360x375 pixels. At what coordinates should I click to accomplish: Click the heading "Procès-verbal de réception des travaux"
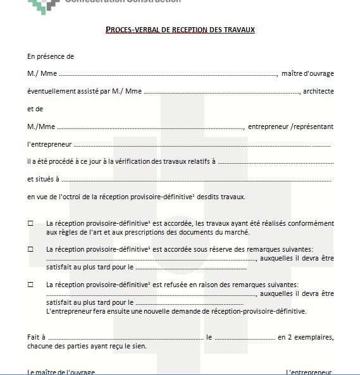tap(180, 30)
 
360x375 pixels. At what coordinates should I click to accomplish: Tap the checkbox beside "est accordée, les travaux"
tap(30, 223)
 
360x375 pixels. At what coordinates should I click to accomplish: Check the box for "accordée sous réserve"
tap(30, 249)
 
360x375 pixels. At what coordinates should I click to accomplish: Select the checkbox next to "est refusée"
tap(30, 285)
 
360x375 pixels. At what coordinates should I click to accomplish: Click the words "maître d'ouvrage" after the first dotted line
tap(307, 73)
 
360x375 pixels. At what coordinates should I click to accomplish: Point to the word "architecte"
tap(318, 91)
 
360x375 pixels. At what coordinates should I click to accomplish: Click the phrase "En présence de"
tap(51, 56)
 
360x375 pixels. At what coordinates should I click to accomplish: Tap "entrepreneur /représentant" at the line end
tap(290, 126)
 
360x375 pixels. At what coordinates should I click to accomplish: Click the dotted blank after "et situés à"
tap(196, 180)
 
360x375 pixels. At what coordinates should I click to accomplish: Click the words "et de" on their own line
tap(35, 109)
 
